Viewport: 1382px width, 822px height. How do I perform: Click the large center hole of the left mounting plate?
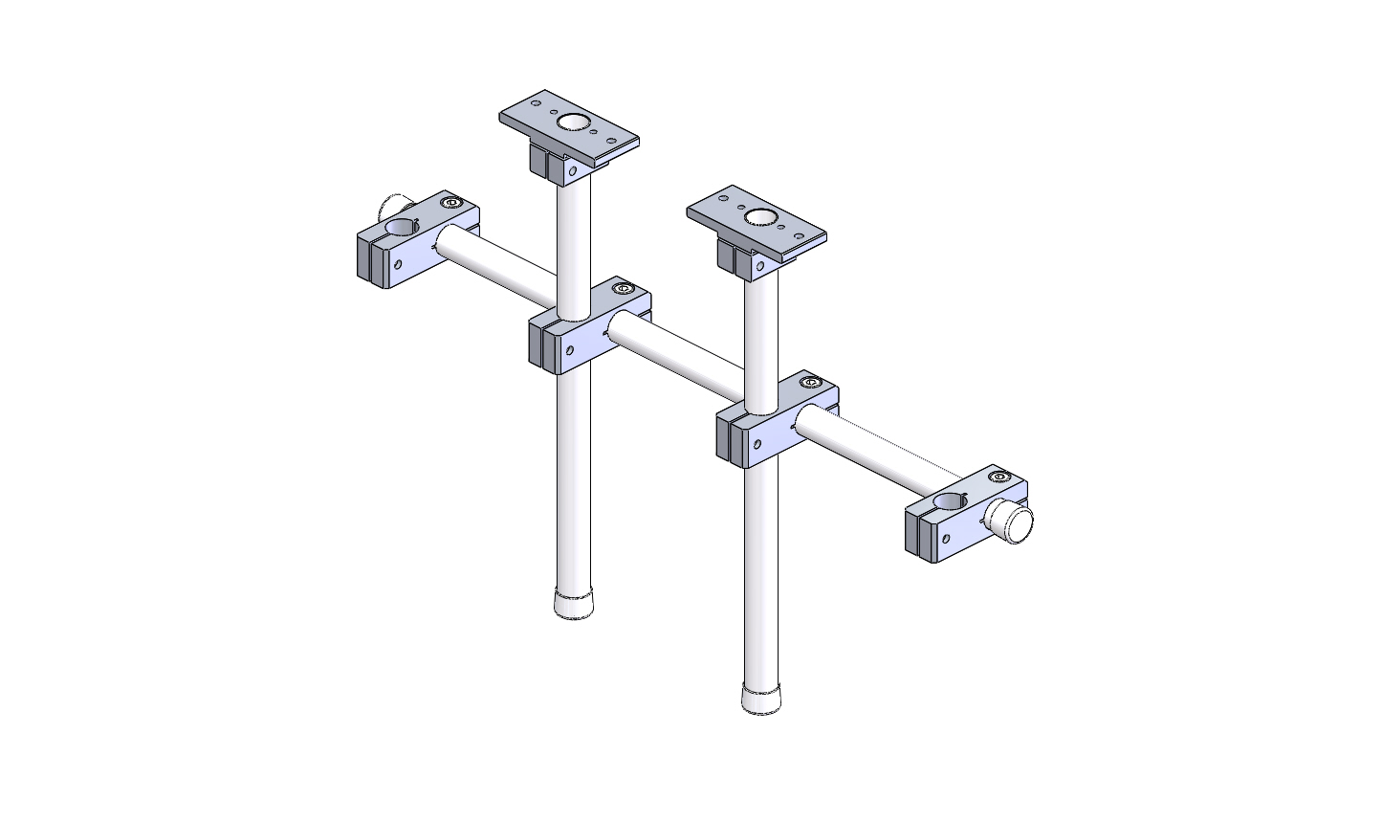point(574,122)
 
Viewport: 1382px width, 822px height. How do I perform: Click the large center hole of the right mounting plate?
point(761,216)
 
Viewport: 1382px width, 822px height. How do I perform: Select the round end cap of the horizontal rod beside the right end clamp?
point(1012,522)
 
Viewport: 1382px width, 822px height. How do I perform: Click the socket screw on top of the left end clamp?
point(451,203)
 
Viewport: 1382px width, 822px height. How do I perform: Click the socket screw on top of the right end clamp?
point(1000,478)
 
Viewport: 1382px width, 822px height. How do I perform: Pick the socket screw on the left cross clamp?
point(624,288)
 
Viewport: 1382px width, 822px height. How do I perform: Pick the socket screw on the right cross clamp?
point(811,383)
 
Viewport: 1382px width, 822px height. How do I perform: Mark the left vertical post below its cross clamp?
point(573,478)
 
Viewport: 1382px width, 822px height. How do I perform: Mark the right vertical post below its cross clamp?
point(761,574)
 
